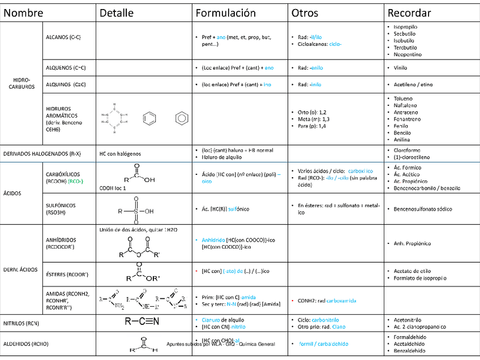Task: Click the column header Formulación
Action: pyautogui.click(x=226, y=13)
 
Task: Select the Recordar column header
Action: pyautogui.click(x=409, y=13)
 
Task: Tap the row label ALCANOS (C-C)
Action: pyautogui.click(x=63, y=37)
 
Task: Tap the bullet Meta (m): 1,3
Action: pyautogui.click(x=312, y=119)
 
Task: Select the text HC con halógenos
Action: pyautogui.click(x=120, y=153)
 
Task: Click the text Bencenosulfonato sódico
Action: pyautogui.click(x=423, y=209)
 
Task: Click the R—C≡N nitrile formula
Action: pyautogui.click(x=142, y=322)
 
